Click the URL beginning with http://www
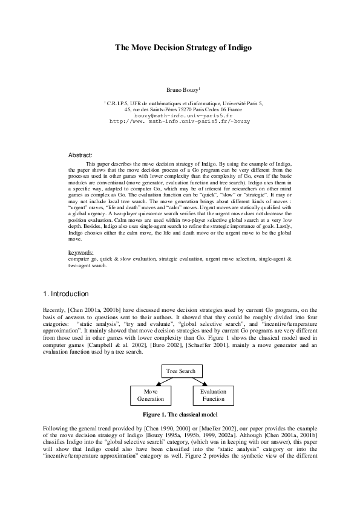coord(179,121)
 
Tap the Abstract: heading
coord(80,155)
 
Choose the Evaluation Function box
coord(214,395)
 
